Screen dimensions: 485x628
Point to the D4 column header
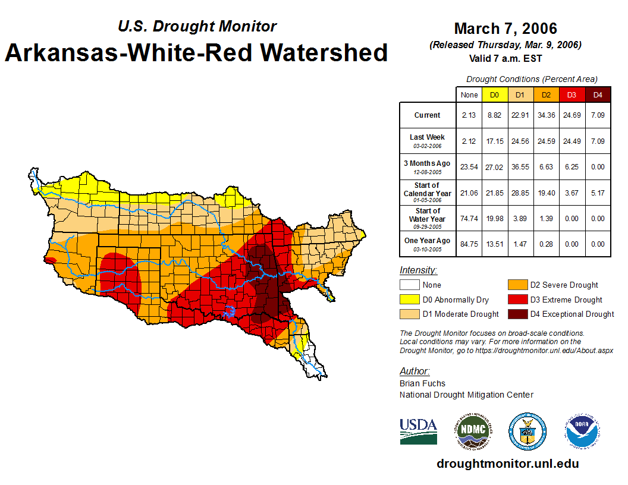[598, 95]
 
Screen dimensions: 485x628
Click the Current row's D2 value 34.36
[546, 115]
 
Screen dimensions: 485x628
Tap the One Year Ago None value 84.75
[469, 244]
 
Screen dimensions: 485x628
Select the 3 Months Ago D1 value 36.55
[520, 167]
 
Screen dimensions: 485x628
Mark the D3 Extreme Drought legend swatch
[517, 300]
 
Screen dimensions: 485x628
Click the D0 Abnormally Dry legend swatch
[409, 300]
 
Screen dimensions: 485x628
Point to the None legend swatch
[409, 285]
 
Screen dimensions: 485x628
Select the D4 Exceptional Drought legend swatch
[517, 314]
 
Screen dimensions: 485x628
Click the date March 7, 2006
[505, 29]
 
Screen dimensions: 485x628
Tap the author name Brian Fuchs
[422, 383]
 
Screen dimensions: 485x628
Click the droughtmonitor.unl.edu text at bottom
[507, 464]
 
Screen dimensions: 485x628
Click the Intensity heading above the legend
[418, 270]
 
